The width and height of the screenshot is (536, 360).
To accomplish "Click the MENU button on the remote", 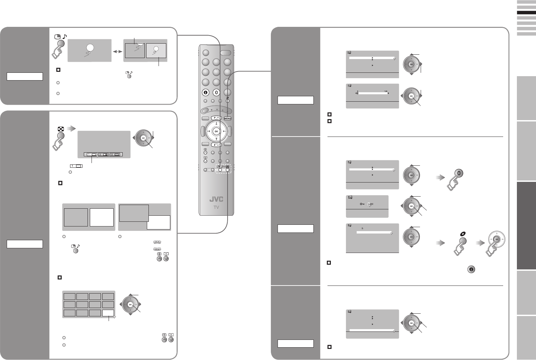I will pos(228,118).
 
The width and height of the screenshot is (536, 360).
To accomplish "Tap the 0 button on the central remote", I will pos(216,92).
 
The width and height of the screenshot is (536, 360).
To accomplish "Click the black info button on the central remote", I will pos(205,92).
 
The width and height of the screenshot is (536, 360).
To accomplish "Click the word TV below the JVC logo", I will pos(216,207).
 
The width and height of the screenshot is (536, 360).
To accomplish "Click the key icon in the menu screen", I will pos(362,204).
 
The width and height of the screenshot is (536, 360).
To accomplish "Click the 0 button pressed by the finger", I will pos(460,174).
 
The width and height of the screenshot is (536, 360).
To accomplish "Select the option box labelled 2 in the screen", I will pos(103,155).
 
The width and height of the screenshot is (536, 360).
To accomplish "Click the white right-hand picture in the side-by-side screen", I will pos(102,217).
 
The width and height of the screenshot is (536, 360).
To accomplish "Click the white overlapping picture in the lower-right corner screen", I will pos(158,222).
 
